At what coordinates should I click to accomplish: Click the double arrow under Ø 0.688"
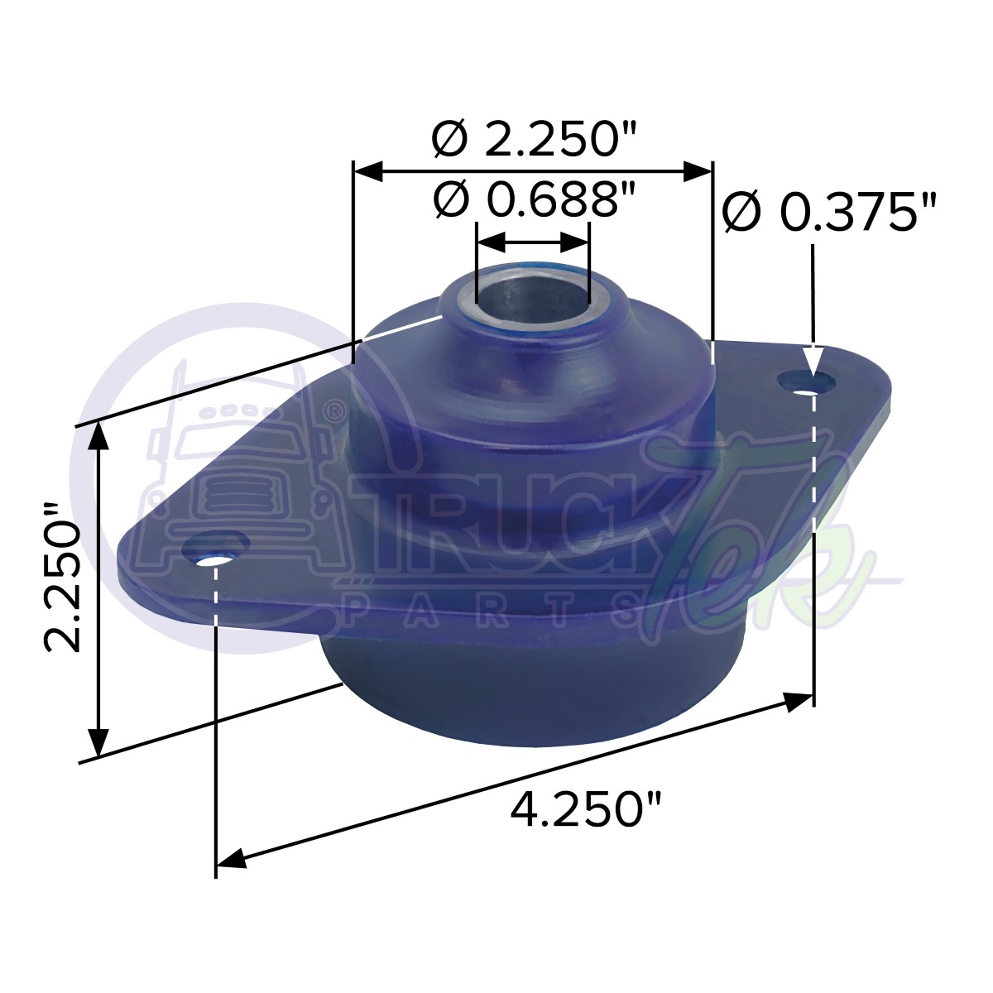pos(533,242)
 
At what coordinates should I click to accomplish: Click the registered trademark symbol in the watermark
pos(333,410)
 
